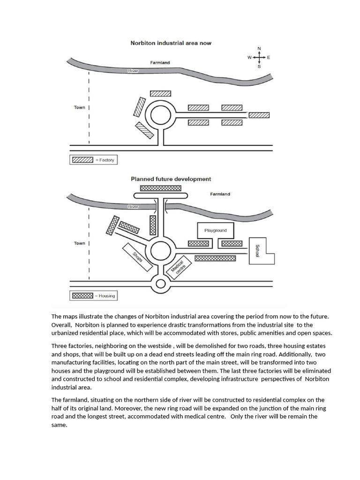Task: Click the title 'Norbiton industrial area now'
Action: coord(171,43)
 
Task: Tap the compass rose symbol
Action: coord(259,57)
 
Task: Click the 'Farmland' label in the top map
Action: coord(160,62)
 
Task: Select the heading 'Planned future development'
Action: coord(171,179)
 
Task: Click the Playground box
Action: coord(215,230)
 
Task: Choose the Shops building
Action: coord(137,258)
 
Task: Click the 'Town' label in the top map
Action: coord(79,107)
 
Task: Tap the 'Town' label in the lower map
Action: coord(79,243)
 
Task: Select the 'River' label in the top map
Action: coord(134,71)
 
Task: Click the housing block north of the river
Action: coord(161,188)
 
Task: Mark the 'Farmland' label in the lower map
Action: coord(220,194)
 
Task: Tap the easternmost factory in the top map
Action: coord(259,115)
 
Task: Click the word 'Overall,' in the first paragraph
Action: coord(61,325)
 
